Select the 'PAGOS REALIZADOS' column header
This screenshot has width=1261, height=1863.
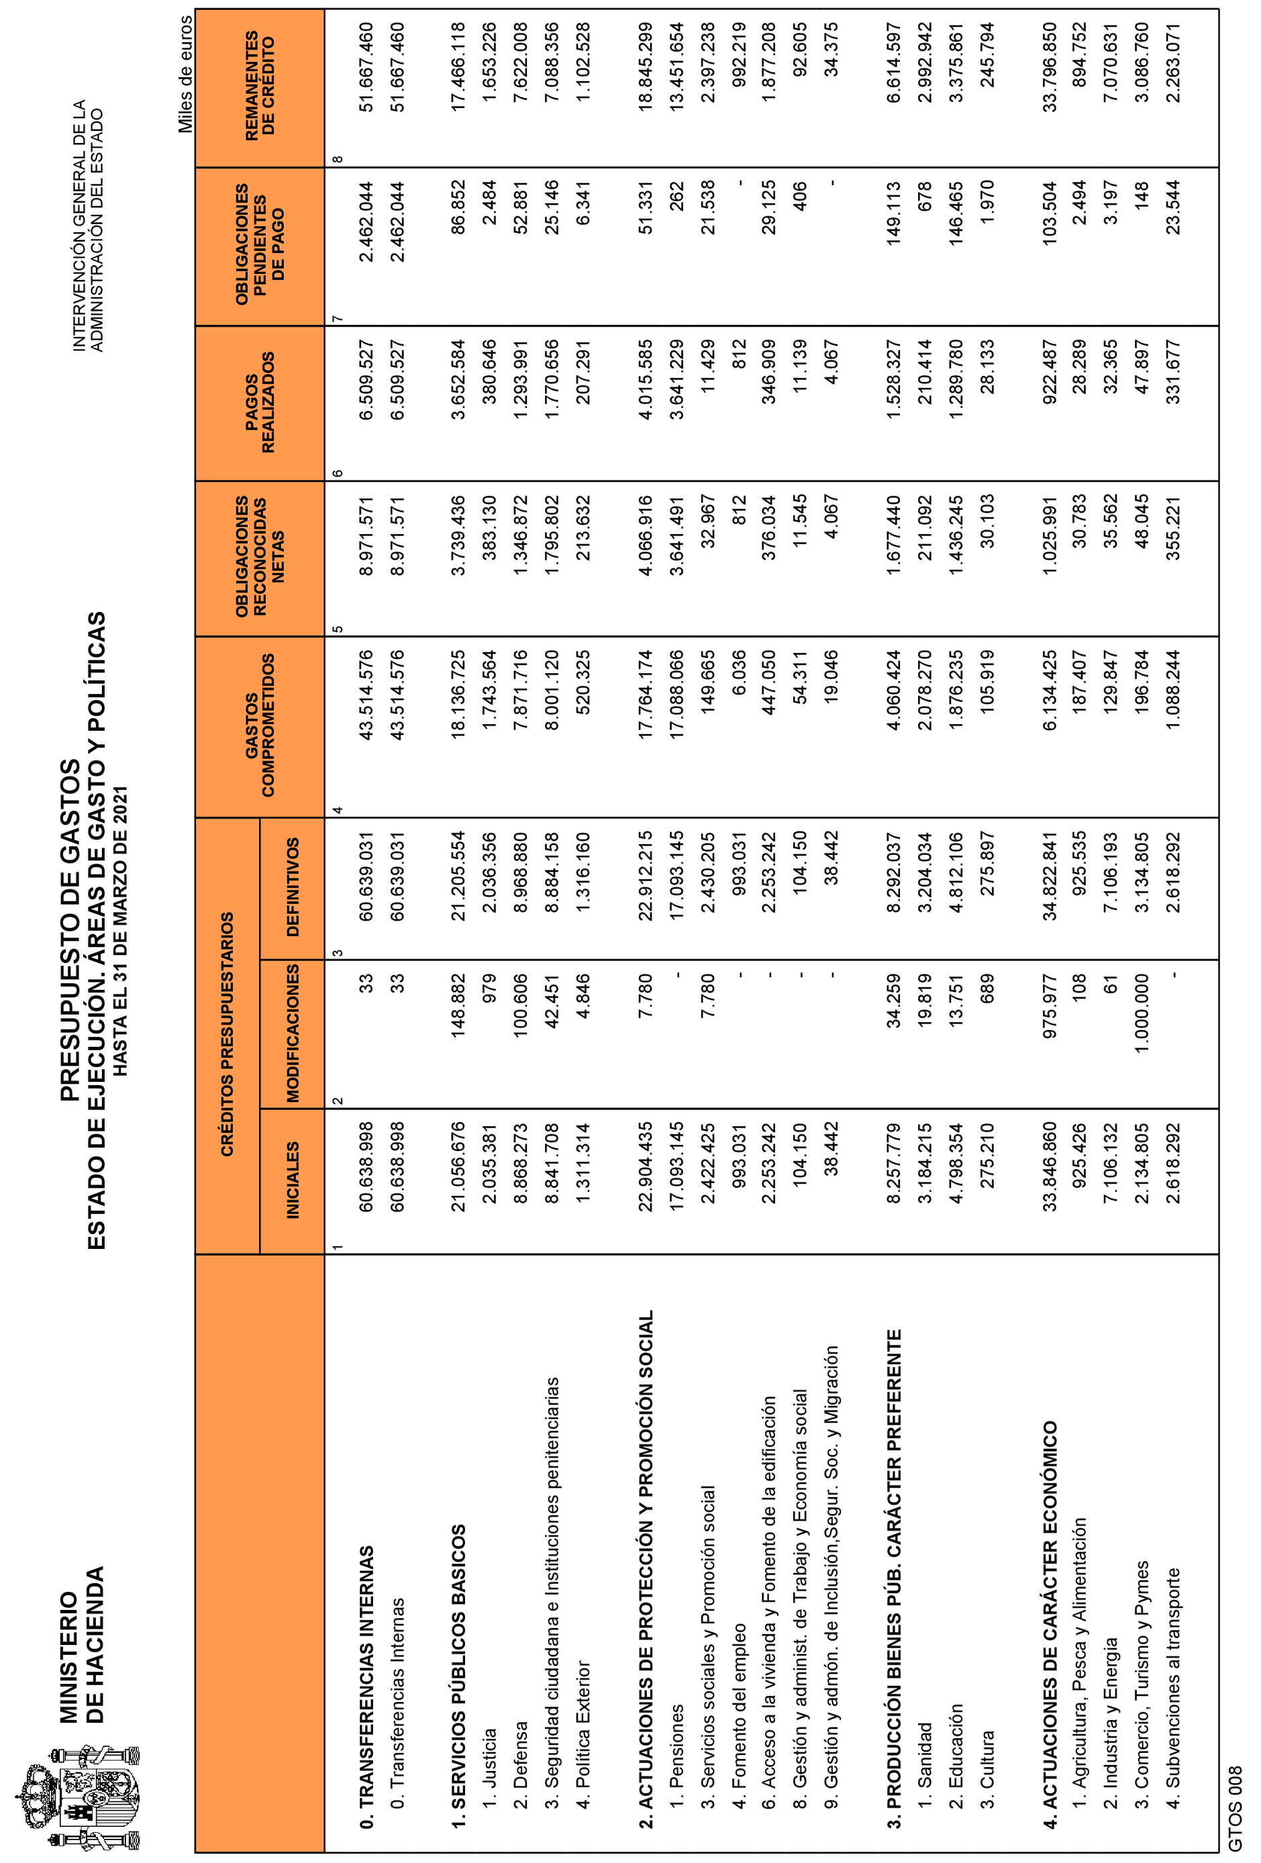[x=260, y=403]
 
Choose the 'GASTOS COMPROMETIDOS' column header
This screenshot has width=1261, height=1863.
[x=260, y=725]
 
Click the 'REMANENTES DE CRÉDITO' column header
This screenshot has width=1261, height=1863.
[x=260, y=87]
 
